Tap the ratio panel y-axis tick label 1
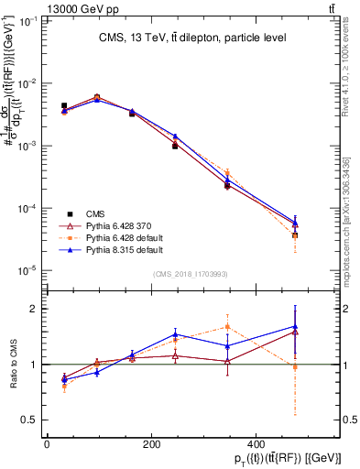pyautogui.click(x=32, y=365)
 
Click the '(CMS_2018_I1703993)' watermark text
pyautogui.click(x=190, y=273)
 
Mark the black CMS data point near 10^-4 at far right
pyautogui.click(x=294, y=235)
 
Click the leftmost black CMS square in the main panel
pyautogui.click(x=64, y=106)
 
